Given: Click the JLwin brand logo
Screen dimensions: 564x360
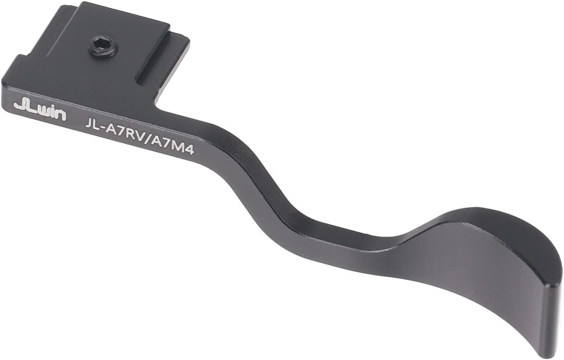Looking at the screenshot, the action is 40,111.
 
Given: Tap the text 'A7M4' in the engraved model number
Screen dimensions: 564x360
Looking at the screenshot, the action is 174,146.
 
